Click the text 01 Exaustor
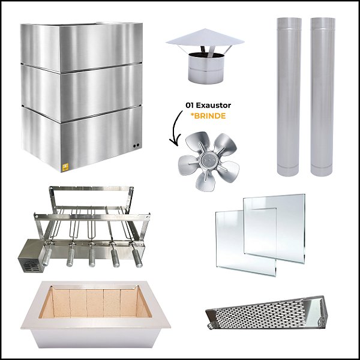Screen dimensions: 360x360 tap(208, 106)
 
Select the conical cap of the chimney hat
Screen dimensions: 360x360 tap(205, 40)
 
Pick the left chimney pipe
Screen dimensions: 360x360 tap(289, 96)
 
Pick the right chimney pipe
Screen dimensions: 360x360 tap(323, 96)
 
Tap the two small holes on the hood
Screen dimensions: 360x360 tap(136, 146)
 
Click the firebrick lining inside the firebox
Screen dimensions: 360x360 tap(96, 303)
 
